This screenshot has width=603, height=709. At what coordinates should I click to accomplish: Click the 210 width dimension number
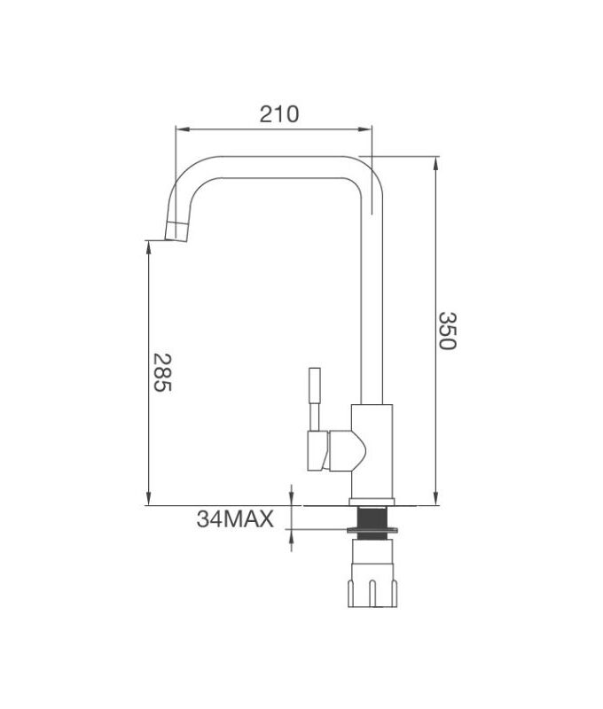[x=279, y=113]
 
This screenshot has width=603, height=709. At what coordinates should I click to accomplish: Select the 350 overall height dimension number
[x=447, y=330]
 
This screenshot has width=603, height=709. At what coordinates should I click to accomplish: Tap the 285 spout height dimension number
[x=162, y=372]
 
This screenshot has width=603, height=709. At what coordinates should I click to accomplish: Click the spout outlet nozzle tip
[x=176, y=232]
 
